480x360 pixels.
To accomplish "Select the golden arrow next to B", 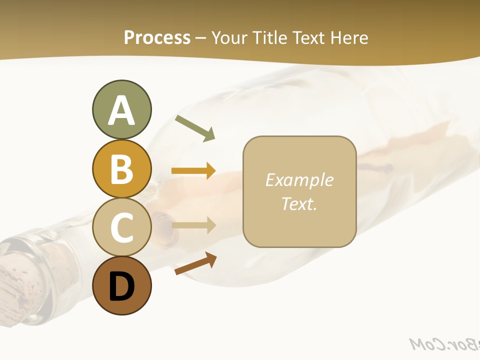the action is [193, 171].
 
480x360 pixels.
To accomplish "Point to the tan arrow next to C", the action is [193, 226].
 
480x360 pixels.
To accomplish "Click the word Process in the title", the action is [157, 37].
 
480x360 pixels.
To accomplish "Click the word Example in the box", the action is [299, 180].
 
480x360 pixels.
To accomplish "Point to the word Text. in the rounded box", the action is [299, 204].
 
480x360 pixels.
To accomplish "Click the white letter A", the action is [121, 111].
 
